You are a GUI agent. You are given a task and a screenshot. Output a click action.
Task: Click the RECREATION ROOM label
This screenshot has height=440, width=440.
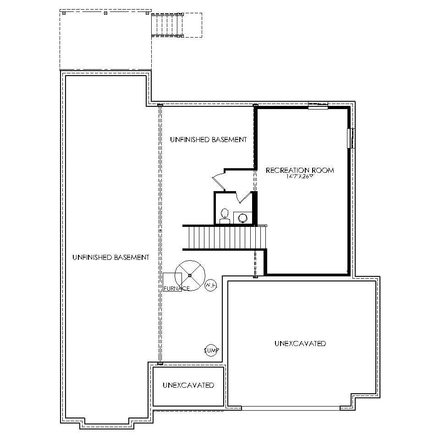pos(300,170)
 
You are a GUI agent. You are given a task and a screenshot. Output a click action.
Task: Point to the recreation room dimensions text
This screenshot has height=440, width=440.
pos(300,176)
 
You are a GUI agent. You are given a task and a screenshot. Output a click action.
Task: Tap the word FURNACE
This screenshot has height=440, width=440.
pos(176,288)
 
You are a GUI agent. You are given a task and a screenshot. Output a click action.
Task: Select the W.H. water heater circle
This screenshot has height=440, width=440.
pos(210,285)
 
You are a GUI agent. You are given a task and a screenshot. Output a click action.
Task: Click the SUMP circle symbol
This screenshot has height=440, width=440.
pos(210,351)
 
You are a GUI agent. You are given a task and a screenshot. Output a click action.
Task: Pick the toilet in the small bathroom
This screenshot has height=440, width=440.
pos(225,216)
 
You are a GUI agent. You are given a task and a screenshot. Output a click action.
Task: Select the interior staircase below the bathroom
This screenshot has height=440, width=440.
pos(225,237)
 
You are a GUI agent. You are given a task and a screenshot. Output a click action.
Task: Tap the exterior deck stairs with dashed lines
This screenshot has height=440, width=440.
pos(167,25)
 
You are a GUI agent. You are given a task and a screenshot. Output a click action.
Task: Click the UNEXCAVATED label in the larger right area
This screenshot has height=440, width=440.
pos(300,343)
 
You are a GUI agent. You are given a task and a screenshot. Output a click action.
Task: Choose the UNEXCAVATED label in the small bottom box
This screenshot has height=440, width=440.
pos(188,385)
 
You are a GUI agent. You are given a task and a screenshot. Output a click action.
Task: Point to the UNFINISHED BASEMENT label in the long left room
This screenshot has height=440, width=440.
pos(110,258)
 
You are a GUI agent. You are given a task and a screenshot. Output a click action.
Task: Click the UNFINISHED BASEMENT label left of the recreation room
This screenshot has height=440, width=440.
pos(208,139)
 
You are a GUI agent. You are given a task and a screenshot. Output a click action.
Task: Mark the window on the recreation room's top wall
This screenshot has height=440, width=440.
pos(318,105)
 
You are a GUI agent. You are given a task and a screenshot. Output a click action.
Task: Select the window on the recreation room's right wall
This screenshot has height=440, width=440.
pos(351,138)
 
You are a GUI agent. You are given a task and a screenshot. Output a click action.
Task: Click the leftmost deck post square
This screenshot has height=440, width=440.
pos(64,13)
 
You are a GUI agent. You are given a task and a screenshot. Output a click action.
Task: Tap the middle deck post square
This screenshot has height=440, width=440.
pos(105,13)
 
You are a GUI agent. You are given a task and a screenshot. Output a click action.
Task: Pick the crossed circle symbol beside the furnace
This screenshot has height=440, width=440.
pos(190,275)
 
